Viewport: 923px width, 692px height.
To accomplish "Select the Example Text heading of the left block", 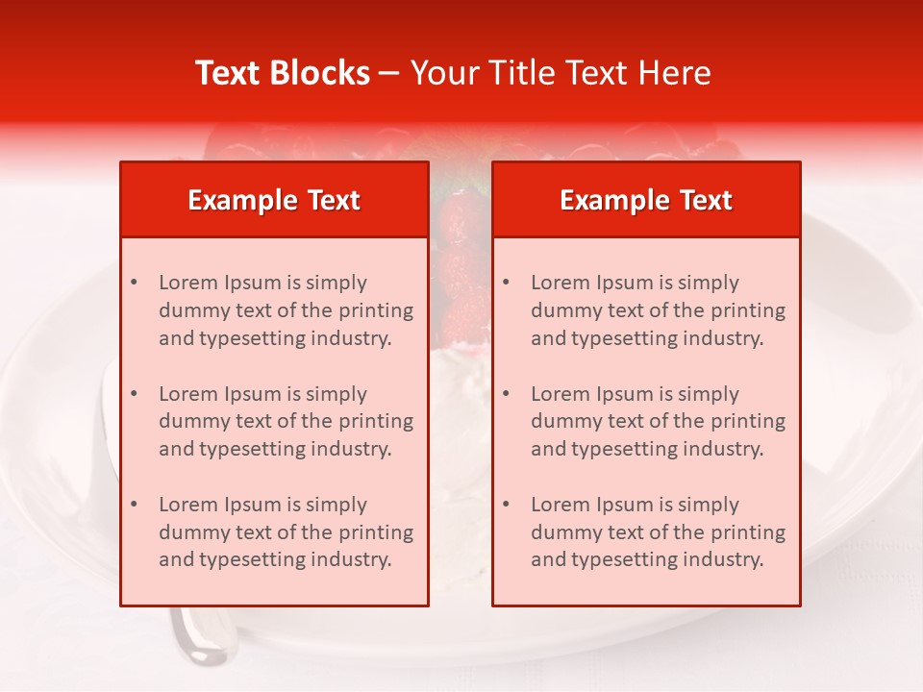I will point(274,200).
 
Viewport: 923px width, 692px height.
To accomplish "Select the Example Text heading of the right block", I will point(646,200).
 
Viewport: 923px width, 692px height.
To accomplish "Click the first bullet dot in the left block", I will point(135,283).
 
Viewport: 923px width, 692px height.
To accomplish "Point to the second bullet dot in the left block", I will point(135,394).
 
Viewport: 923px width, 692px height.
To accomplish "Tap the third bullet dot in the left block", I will point(135,505).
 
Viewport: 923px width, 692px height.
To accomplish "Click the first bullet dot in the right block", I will point(507,283).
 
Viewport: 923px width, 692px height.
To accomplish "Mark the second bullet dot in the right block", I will point(507,394).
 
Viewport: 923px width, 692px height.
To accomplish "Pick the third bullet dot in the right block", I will point(507,505).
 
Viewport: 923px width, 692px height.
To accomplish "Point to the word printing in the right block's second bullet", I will point(744,421).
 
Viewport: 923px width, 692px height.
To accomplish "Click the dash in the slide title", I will point(390,73).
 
